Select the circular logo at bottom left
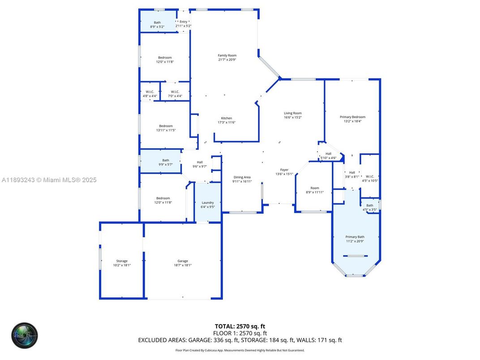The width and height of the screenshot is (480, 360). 25,335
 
